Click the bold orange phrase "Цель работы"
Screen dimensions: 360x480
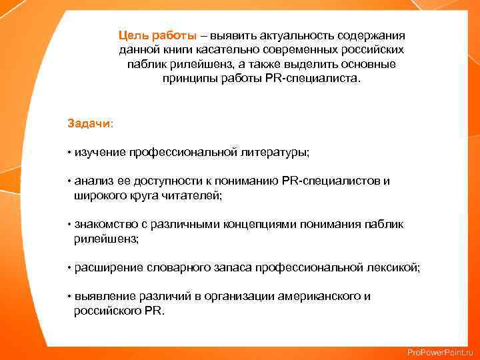157,35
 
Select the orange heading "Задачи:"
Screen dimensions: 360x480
90,123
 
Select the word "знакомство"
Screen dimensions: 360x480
103,225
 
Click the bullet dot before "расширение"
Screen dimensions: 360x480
69,267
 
